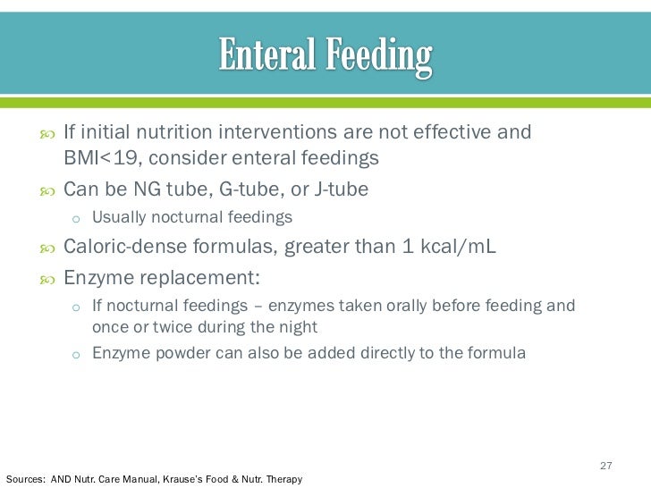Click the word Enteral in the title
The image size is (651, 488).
pos(265,56)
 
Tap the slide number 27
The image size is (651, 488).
pos(605,466)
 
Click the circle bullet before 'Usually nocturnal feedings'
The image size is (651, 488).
pos(76,218)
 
